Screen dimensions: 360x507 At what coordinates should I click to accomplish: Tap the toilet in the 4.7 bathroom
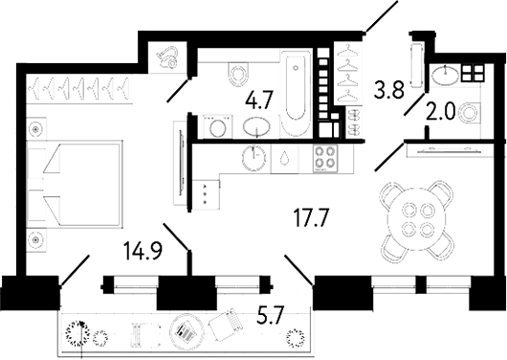tap(237, 71)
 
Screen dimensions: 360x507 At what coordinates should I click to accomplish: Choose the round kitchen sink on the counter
tap(254, 158)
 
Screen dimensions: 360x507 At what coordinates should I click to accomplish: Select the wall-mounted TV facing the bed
tap(176, 158)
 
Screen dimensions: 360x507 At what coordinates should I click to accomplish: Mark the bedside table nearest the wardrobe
tap(36, 127)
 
